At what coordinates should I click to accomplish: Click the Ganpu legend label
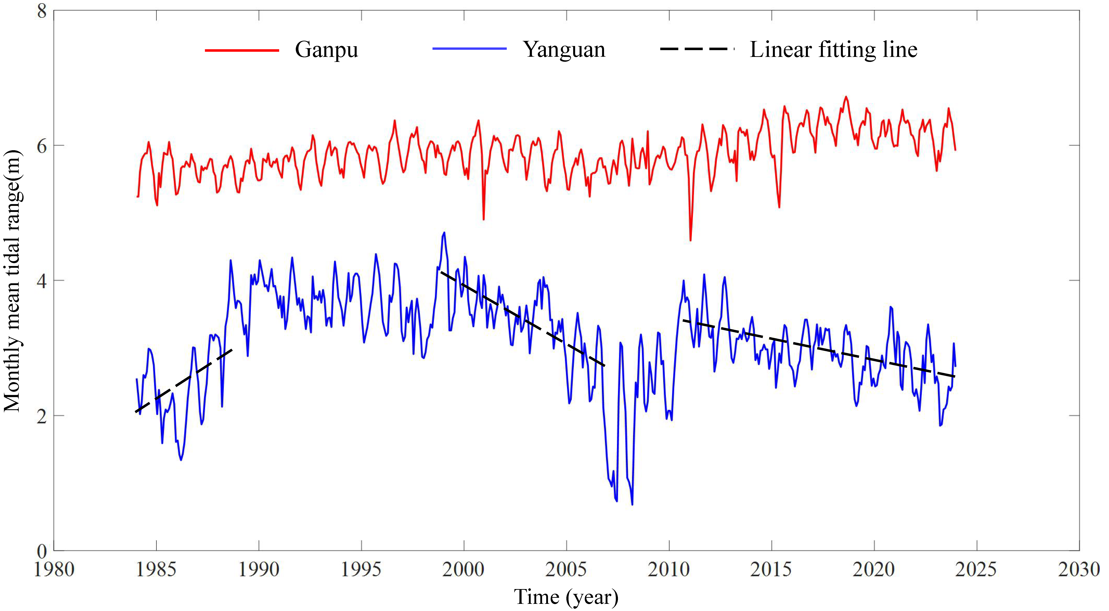click(326, 50)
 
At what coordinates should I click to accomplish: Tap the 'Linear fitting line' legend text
click(833, 50)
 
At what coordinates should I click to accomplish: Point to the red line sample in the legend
click(242, 50)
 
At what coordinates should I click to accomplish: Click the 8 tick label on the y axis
click(42, 11)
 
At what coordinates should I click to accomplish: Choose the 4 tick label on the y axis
click(42, 281)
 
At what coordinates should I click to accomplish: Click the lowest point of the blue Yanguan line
click(632, 504)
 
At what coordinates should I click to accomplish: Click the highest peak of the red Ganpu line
click(846, 97)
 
